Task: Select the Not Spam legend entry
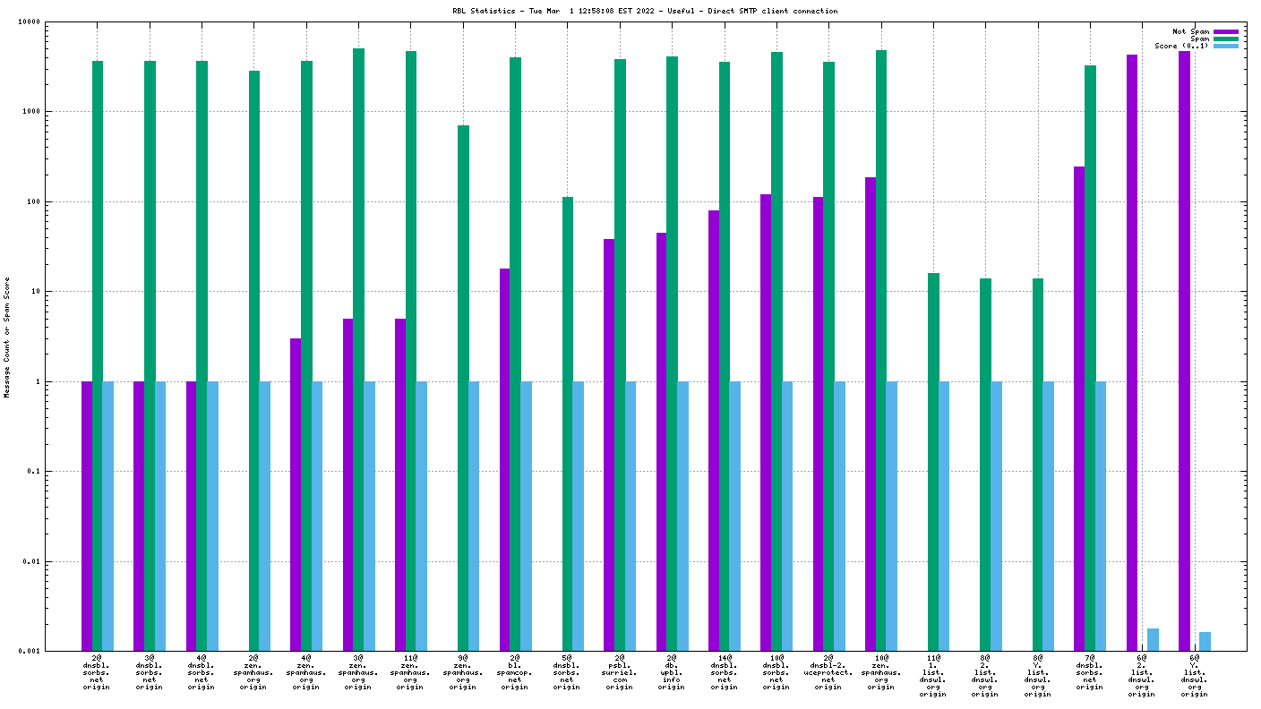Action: click(x=1190, y=31)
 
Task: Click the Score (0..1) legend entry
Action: click(x=1181, y=46)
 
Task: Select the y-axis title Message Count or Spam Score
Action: click(x=7, y=337)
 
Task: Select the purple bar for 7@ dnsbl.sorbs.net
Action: click(x=1079, y=408)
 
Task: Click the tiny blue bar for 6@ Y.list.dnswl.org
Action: click(x=1205, y=641)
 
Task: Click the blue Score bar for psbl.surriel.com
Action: click(x=630, y=516)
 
